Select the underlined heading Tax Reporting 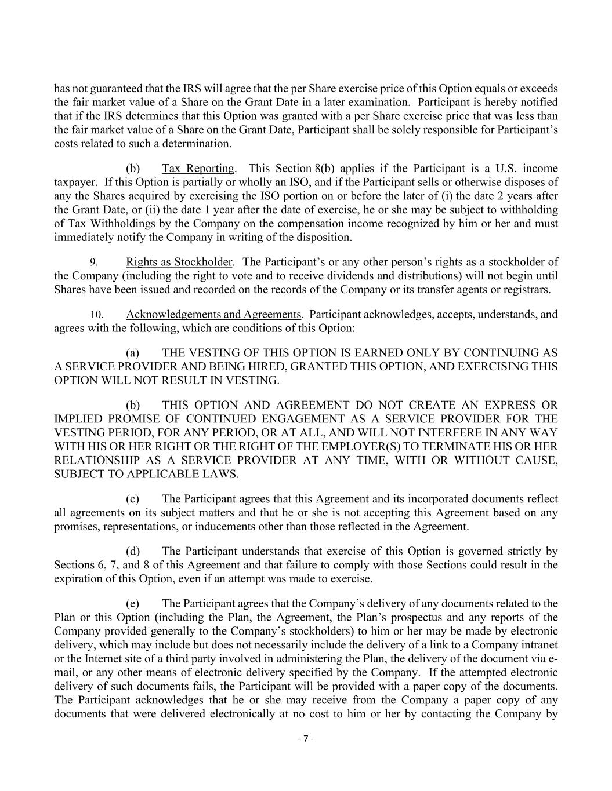pos(198,169)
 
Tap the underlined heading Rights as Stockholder pos(179,262)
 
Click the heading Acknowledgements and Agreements pos(213,315)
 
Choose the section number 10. pos(96,315)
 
